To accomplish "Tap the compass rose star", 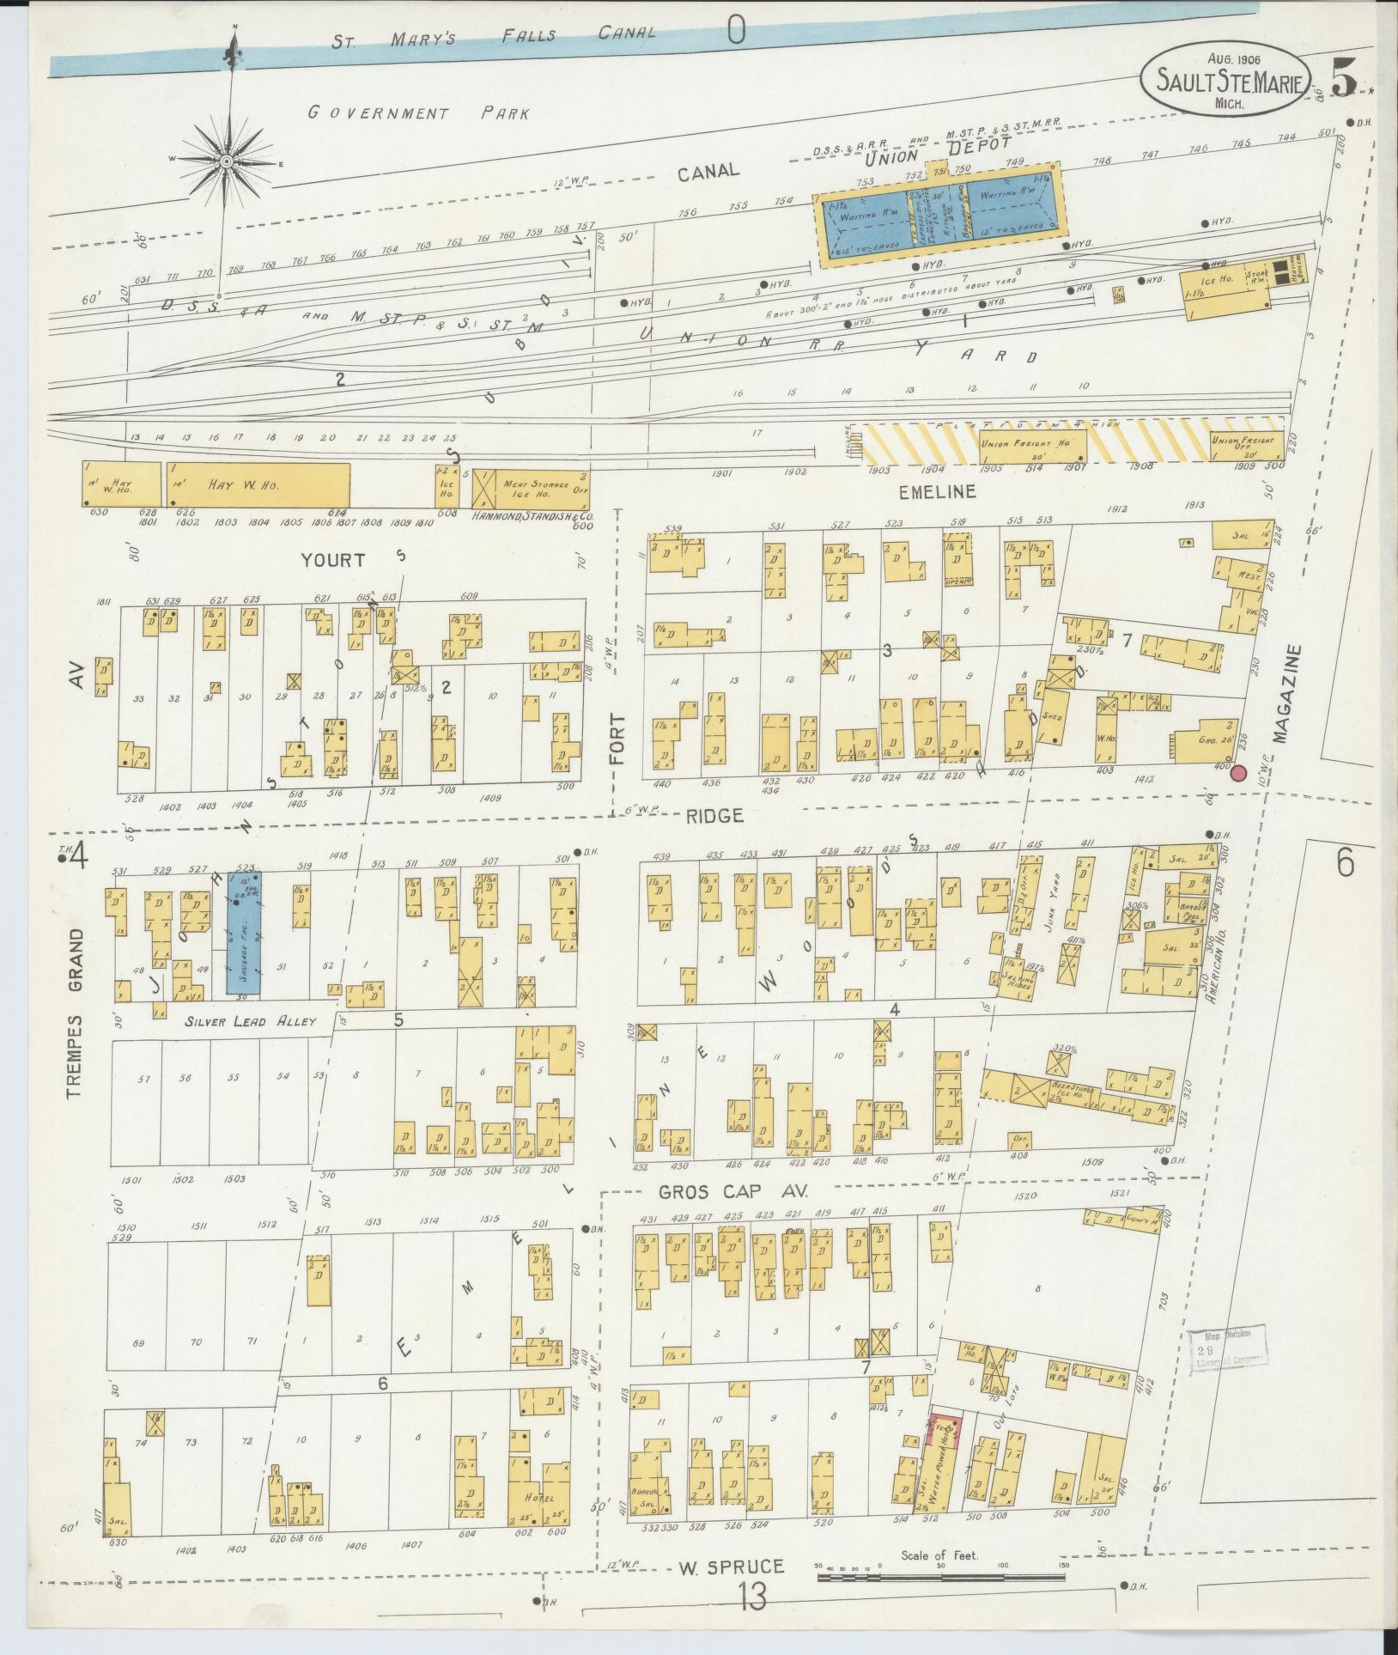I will tap(227, 161).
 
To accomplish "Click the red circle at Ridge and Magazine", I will tap(1238, 774).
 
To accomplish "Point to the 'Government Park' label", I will tap(418, 113).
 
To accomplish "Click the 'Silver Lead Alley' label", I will tap(249, 1022).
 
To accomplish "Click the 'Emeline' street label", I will tap(938, 492).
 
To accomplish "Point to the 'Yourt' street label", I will tap(332, 560).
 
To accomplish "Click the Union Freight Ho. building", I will tap(1032, 445).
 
